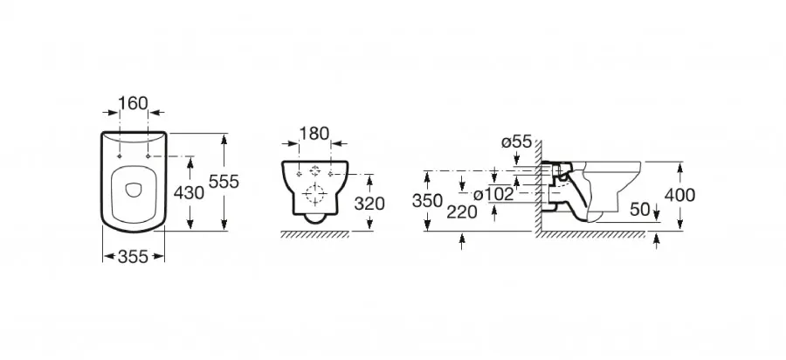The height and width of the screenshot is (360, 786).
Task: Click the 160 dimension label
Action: pos(134,103)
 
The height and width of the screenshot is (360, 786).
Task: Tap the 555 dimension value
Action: pos(224,182)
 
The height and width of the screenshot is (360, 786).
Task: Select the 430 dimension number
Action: pos(189,192)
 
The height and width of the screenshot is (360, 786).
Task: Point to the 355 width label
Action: pos(134,257)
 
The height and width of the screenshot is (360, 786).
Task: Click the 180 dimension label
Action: pos(314,134)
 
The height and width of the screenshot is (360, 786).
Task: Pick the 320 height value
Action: pos(369,204)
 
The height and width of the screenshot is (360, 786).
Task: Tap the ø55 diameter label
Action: pos(516,142)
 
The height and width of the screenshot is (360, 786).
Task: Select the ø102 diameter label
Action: pos(493,194)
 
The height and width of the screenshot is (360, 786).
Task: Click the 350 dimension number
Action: pos(428,201)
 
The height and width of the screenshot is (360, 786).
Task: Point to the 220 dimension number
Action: pos(462,212)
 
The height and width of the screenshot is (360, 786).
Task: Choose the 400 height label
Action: pos(679,195)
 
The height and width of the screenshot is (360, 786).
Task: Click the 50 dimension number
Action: pos(640,210)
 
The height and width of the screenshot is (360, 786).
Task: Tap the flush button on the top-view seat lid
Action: pos(134,190)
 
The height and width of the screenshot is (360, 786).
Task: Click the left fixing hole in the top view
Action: pos(120,156)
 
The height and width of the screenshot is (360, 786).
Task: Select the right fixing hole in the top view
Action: pos(148,156)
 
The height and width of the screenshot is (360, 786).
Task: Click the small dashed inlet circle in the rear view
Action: pos(314,171)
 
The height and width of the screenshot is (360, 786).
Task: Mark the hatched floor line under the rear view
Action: pos(314,234)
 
